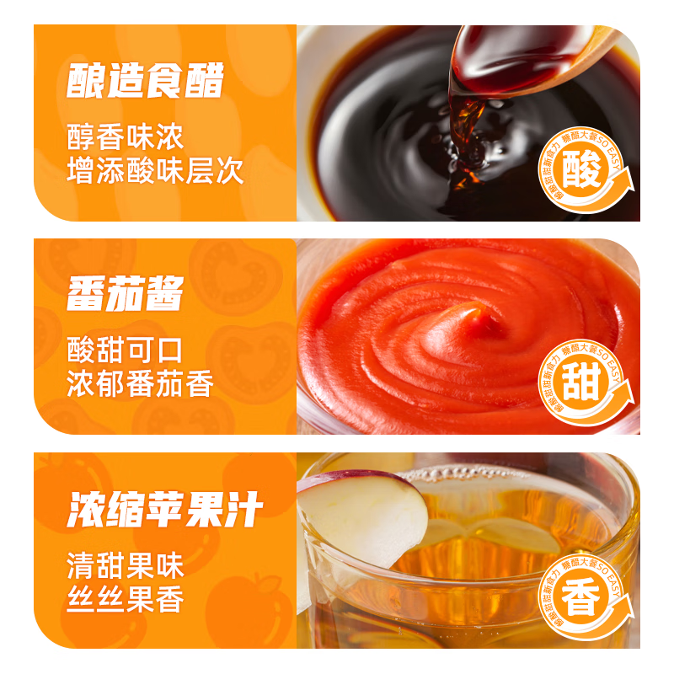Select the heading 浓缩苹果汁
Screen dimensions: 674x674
click(x=165, y=509)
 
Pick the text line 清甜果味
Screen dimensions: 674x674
click(x=126, y=564)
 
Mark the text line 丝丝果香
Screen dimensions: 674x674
click(x=126, y=599)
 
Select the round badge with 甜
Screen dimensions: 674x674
click(x=584, y=385)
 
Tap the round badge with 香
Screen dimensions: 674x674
click(x=584, y=600)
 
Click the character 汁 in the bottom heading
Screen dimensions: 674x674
click(x=244, y=509)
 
